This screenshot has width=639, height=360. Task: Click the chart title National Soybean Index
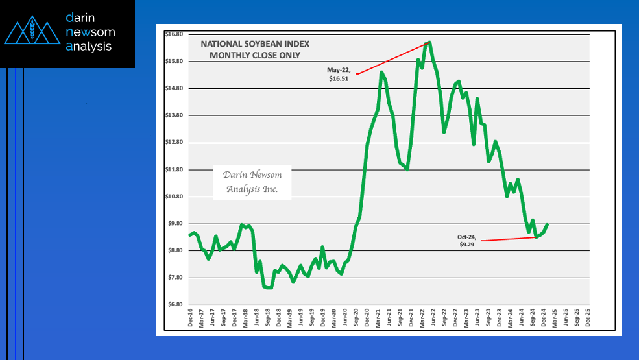coord(255,44)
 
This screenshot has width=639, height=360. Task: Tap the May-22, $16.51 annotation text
coord(339,74)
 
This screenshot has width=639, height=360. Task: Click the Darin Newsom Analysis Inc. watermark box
coord(253,182)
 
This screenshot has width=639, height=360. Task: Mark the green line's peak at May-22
coord(429,42)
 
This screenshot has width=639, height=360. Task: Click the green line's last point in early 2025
coord(548,224)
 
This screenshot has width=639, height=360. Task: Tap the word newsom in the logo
coord(89,32)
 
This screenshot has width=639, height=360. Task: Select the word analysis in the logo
coord(89,46)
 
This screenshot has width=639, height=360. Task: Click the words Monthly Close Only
coord(255,55)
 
